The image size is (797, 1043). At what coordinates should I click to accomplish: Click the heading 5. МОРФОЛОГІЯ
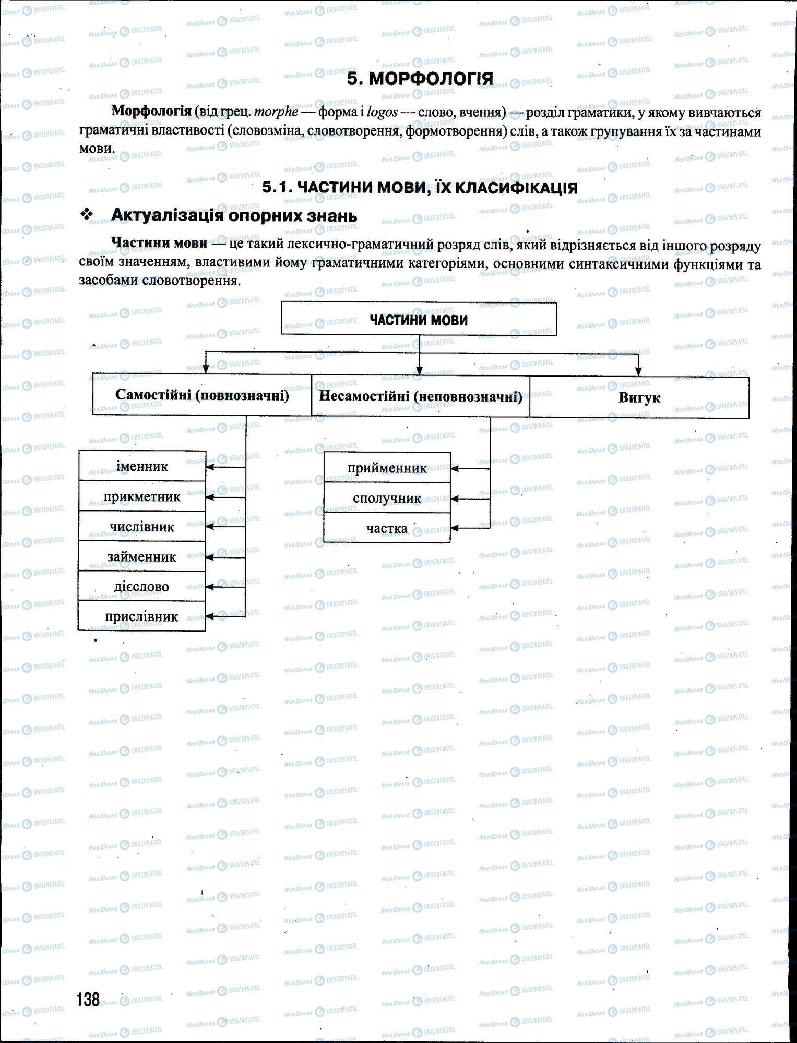tap(420, 79)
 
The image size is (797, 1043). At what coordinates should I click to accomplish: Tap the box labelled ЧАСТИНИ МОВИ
tap(419, 319)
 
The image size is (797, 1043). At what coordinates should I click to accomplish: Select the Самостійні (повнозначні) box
tap(202, 395)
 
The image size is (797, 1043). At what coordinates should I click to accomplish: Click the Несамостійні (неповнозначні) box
tap(420, 396)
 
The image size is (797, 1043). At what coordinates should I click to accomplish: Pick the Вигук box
tap(639, 398)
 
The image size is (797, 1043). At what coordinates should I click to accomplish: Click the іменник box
tap(142, 466)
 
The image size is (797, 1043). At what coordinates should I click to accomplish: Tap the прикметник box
tap(142, 496)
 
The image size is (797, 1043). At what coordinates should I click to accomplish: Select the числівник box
tap(142, 527)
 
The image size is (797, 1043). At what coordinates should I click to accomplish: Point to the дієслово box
tap(142, 587)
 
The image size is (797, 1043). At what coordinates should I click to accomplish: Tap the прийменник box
tap(387, 468)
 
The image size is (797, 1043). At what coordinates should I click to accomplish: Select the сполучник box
tap(387, 498)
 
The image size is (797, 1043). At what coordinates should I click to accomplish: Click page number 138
tap(88, 999)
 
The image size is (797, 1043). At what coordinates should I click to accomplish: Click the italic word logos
tap(382, 112)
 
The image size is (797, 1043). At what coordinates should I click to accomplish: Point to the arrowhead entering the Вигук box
tap(638, 372)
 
